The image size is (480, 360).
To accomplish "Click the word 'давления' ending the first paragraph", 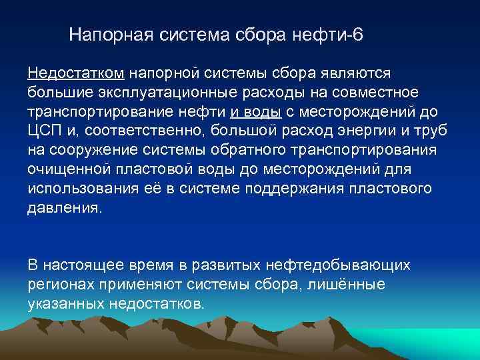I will tap(64, 207).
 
